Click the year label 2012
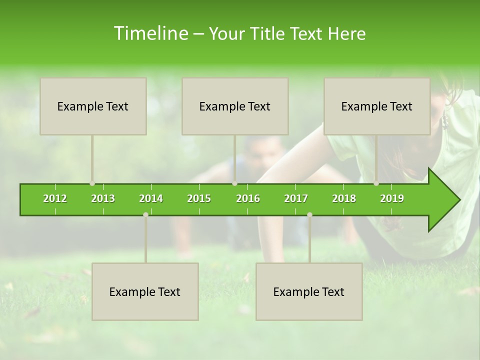click(x=55, y=198)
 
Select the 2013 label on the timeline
click(x=103, y=198)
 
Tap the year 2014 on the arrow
click(x=151, y=198)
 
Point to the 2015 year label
click(x=199, y=198)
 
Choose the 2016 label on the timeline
click(x=248, y=198)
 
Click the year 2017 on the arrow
click(x=296, y=198)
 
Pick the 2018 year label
click(x=344, y=198)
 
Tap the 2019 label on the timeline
click(x=392, y=198)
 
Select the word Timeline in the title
click(x=149, y=33)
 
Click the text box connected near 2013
click(x=93, y=106)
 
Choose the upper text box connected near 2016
click(x=235, y=106)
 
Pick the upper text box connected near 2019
click(x=377, y=106)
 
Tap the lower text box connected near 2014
click(x=145, y=291)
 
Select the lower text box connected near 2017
click(x=309, y=291)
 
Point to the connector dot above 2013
click(x=92, y=183)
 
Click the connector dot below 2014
click(x=145, y=214)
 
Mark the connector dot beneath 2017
click(x=309, y=214)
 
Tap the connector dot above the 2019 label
click(x=376, y=183)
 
